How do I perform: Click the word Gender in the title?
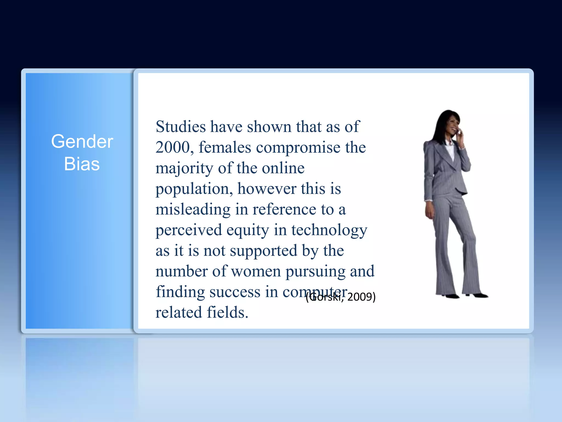pos(82,142)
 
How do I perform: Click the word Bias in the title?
pos(82,164)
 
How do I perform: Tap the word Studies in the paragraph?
pos(181,127)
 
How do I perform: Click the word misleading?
pos(193,210)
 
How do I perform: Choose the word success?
pos(235,292)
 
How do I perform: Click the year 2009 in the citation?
pos(359,297)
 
